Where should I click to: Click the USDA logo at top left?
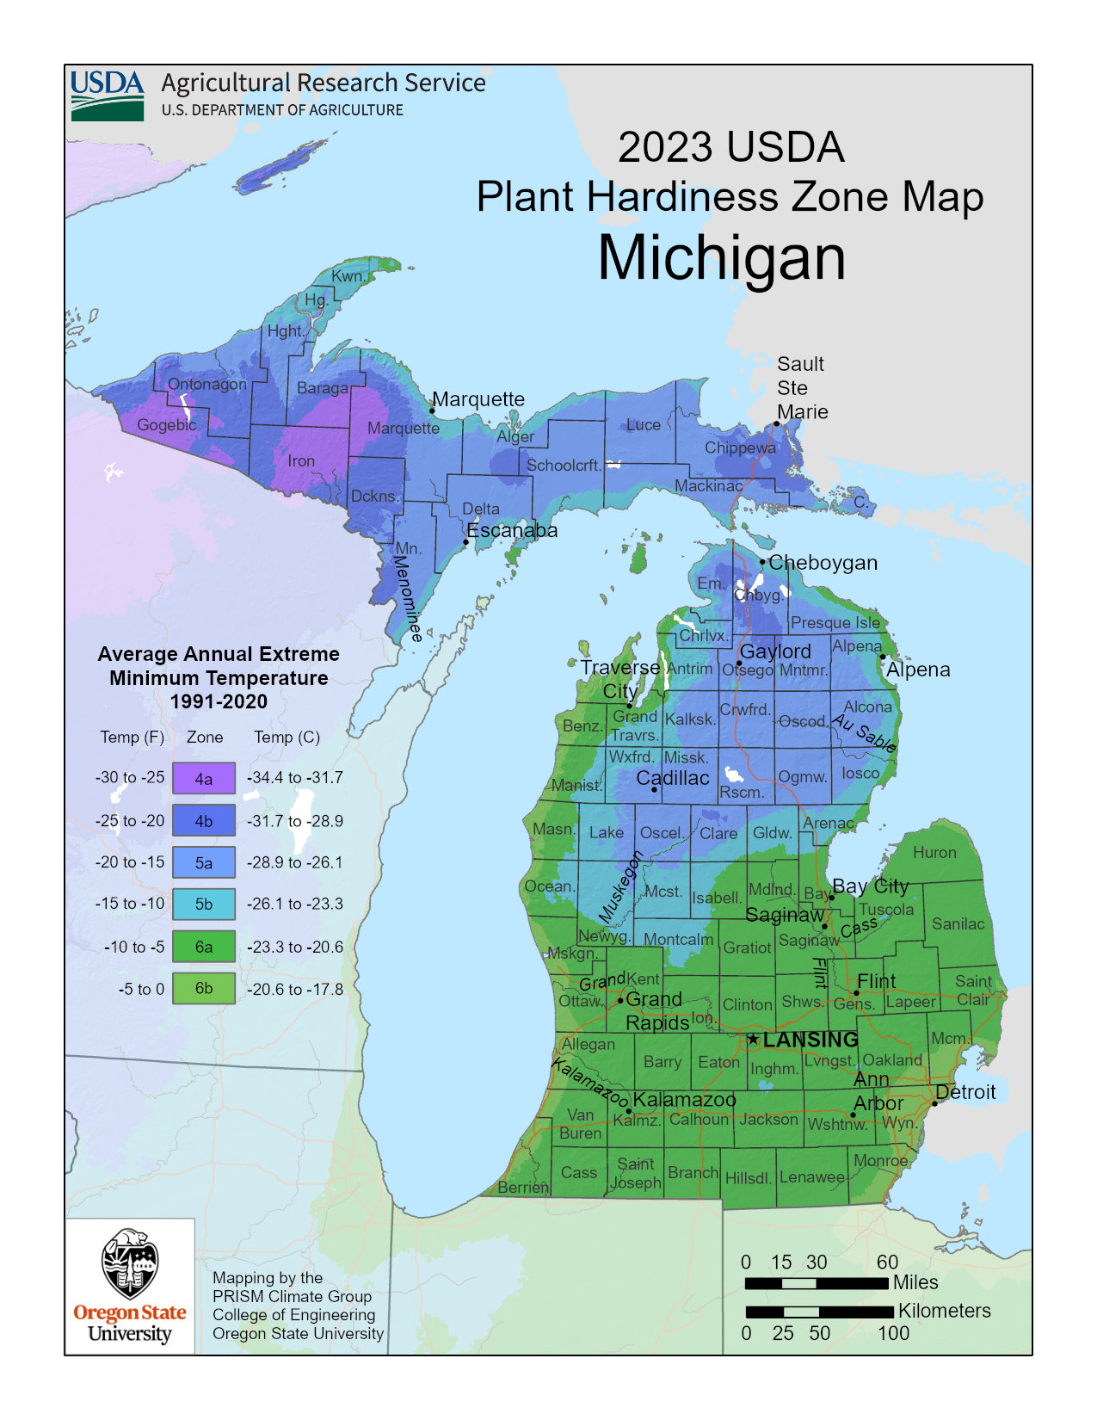tap(108, 95)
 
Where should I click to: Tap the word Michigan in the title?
tap(721, 257)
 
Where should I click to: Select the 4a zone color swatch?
tap(203, 778)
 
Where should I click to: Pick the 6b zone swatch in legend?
tap(203, 988)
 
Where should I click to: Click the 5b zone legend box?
tap(203, 904)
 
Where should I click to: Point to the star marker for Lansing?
tap(753, 1040)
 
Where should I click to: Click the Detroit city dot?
tap(935, 1103)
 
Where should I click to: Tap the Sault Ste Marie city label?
tap(802, 388)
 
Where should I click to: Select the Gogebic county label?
tap(167, 424)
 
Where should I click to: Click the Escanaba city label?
tap(512, 530)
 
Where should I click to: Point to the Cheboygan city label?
tap(823, 563)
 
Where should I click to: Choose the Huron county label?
tap(934, 852)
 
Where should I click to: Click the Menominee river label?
tap(409, 598)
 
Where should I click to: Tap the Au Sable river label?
tap(865, 734)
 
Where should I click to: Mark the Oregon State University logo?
tap(130, 1287)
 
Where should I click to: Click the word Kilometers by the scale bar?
tap(944, 1311)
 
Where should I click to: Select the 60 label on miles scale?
tap(887, 1263)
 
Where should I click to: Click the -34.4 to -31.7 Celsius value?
tap(295, 778)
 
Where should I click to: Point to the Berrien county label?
tap(523, 1188)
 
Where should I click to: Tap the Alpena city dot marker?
tap(883, 657)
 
